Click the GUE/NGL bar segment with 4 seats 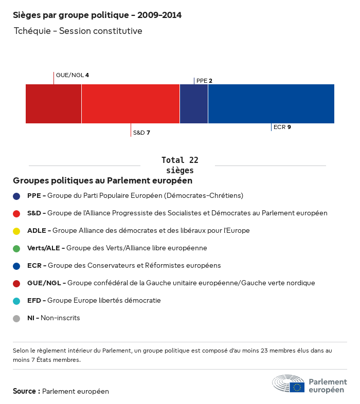pyautogui.click(x=53, y=104)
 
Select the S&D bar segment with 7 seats pyautogui.click(x=131, y=104)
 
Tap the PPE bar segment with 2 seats pyautogui.click(x=194, y=104)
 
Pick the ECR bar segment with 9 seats pyautogui.click(x=271, y=104)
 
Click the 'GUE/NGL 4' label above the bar pyautogui.click(x=73, y=75)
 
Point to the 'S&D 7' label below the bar pyautogui.click(x=141, y=133)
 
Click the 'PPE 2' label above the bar pyautogui.click(x=204, y=81)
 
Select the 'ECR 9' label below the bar pyautogui.click(x=282, y=127)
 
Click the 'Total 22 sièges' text pyautogui.click(x=180, y=165)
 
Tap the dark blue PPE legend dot pyautogui.click(x=16, y=196)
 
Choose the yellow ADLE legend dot pyautogui.click(x=16, y=231)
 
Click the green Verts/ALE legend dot pyautogui.click(x=16, y=248)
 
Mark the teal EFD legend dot pyautogui.click(x=16, y=301)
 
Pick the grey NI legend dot pyautogui.click(x=16, y=318)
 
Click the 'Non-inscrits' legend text pyautogui.click(x=60, y=318)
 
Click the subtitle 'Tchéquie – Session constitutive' pyautogui.click(x=78, y=31)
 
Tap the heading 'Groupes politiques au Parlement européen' pyautogui.click(x=103, y=181)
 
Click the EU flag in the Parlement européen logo pyautogui.click(x=297, y=388)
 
